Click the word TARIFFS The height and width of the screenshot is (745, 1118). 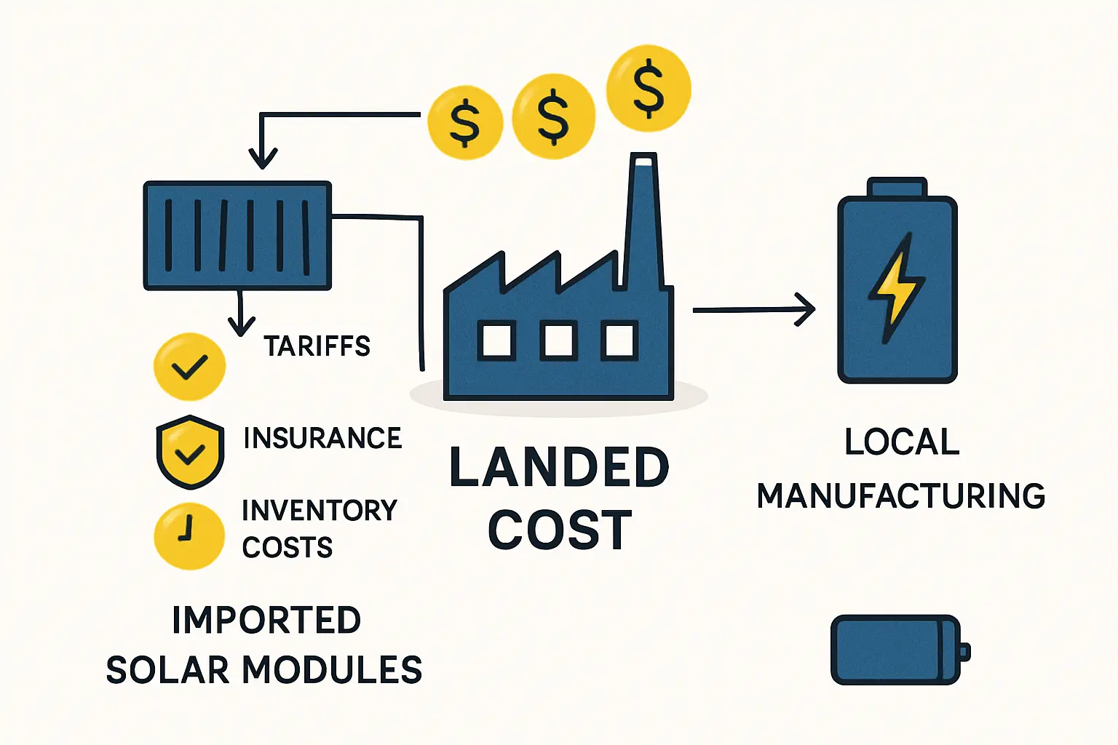(x=317, y=346)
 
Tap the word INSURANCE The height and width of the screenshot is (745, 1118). (x=322, y=438)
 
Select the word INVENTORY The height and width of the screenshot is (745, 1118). (x=320, y=510)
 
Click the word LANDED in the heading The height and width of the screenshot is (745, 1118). (x=559, y=468)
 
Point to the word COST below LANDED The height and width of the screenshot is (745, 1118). (x=559, y=530)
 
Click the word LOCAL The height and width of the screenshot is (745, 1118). (x=902, y=442)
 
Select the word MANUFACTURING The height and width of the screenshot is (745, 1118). (x=901, y=496)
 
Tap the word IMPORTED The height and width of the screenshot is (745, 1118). (x=266, y=620)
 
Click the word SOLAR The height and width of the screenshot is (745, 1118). (x=169, y=670)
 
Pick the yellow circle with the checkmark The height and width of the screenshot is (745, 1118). (x=189, y=367)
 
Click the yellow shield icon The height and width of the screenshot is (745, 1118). (x=190, y=452)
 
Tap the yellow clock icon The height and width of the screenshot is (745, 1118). (x=189, y=535)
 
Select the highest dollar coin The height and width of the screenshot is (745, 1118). (x=649, y=89)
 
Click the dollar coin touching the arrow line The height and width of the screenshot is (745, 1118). (x=465, y=121)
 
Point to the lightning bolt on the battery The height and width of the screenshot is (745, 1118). (x=896, y=287)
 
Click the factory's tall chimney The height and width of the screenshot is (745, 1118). (x=643, y=218)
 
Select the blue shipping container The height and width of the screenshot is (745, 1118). (x=237, y=236)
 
